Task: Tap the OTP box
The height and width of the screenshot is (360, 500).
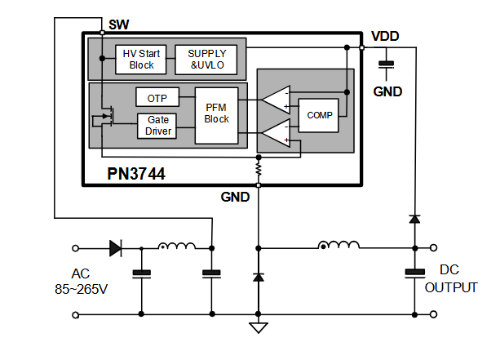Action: [157, 98]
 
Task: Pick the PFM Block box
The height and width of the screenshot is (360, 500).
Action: [217, 113]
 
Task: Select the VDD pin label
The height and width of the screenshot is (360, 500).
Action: [385, 37]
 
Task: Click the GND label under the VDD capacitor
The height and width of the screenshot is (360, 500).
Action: [387, 91]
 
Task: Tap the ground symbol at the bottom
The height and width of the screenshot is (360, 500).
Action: [259, 328]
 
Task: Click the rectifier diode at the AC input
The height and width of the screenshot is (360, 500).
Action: [115, 247]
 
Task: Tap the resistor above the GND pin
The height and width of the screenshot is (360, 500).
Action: [259, 169]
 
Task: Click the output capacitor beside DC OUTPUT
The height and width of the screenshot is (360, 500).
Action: [414, 273]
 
